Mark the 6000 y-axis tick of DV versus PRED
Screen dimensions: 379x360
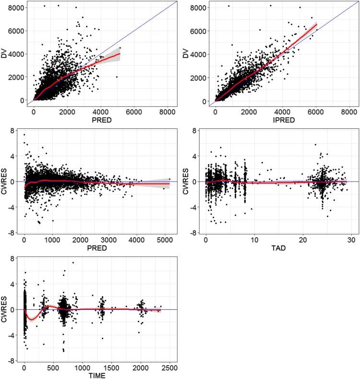[22, 31]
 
